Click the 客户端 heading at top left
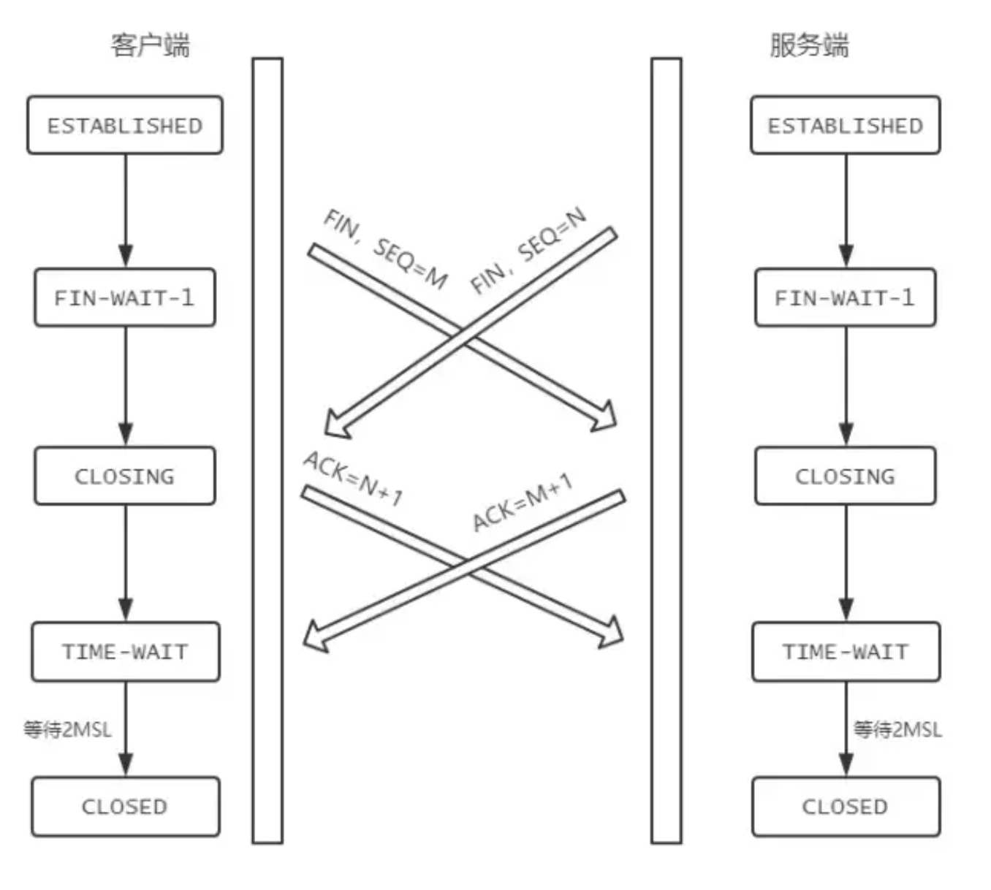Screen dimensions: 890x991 tap(150, 45)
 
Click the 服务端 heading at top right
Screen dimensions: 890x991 tap(809, 45)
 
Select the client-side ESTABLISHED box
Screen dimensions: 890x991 tap(125, 126)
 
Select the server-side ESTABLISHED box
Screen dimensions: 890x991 tap(845, 126)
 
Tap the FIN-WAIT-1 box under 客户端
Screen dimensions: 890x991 tap(125, 297)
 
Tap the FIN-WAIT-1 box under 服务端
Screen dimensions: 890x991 tap(845, 297)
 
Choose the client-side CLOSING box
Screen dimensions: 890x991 tap(125, 476)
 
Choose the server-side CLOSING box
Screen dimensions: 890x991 tap(845, 476)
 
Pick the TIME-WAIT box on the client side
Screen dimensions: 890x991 tap(125, 652)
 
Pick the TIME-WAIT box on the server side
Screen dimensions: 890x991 tap(846, 652)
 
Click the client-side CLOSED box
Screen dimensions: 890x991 tap(125, 807)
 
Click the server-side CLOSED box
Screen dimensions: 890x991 tap(846, 807)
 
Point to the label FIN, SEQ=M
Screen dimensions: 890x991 tap(385, 248)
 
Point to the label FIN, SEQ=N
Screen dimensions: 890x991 tap(528, 250)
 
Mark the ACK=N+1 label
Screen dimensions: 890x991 tap(353, 479)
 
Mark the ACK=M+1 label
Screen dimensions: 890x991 tap(522, 503)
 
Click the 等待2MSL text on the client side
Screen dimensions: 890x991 tap(67, 729)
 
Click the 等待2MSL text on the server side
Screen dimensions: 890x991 tap(897, 729)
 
